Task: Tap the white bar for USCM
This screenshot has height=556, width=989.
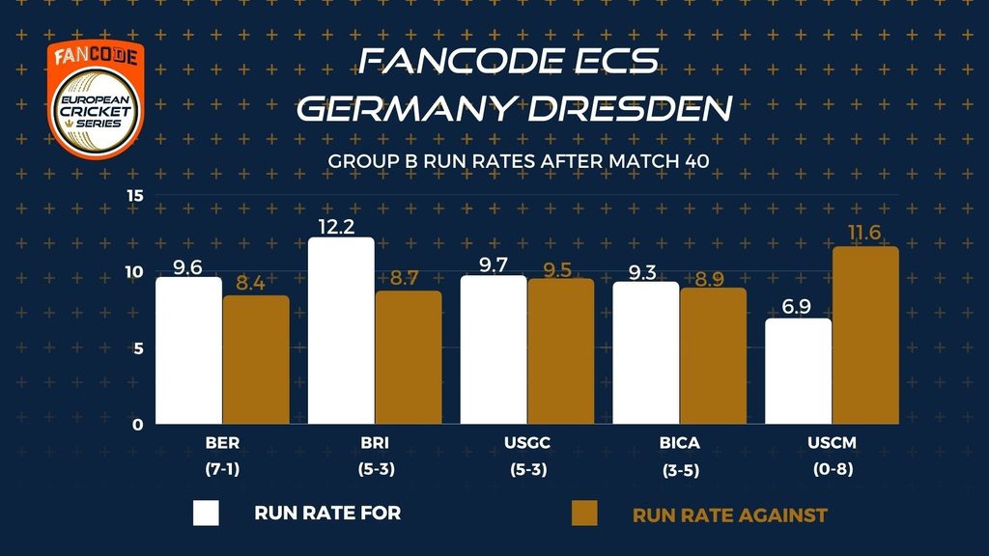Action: pyautogui.click(x=799, y=371)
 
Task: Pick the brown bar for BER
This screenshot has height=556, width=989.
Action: pyautogui.click(x=256, y=359)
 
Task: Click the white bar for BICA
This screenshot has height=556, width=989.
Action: pyautogui.click(x=646, y=352)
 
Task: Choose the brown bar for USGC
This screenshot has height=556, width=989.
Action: pyautogui.click(x=560, y=351)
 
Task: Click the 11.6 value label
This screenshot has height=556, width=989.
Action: pyautogui.click(x=865, y=232)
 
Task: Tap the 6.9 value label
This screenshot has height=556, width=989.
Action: pyautogui.click(x=797, y=306)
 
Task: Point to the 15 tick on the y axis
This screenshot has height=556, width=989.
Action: pyautogui.click(x=134, y=196)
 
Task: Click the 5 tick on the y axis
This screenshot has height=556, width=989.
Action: pyautogui.click(x=138, y=348)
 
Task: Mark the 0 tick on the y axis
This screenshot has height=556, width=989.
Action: pyautogui.click(x=138, y=425)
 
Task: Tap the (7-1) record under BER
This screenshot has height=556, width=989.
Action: pyautogui.click(x=221, y=470)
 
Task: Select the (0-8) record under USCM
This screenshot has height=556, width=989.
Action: pyautogui.click(x=832, y=470)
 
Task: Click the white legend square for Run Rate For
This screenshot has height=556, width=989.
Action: pyautogui.click(x=207, y=513)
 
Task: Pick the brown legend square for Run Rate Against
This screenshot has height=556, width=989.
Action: pyautogui.click(x=584, y=513)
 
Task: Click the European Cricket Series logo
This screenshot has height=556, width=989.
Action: pyautogui.click(x=96, y=99)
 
